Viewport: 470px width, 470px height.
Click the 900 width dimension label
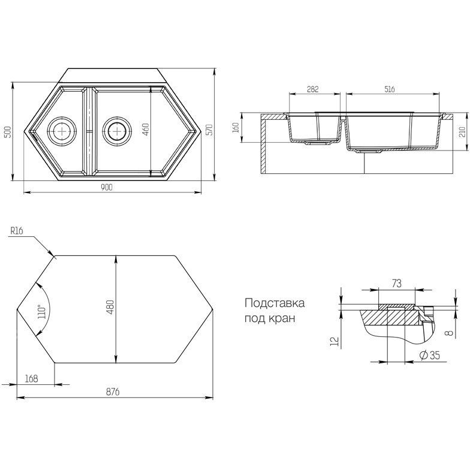pyautogui.click(x=107, y=187)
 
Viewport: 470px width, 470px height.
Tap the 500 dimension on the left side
pyautogui.click(x=8, y=132)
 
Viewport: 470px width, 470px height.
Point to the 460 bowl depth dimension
pyautogui.click(x=146, y=129)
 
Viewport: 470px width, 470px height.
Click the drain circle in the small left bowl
pyautogui.click(x=62, y=131)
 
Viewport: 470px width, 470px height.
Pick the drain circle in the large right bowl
pyautogui.click(x=116, y=131)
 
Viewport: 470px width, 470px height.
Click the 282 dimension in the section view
pyautogui.click(x=313, y=89)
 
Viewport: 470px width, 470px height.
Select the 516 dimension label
pyautogui.click(x=388, y=89)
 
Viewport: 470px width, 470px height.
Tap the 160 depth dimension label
pyautogui.click(x=236, y=127)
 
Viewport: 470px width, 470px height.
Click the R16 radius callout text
pyautogui.click(x=17, y=230)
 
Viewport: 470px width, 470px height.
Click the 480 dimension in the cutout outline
pyautogui.click(x=110, y=307)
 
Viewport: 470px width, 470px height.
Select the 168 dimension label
pyautogui.click(x=31, y=379)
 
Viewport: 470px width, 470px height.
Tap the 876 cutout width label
pyautogui.click(x=113, y=392)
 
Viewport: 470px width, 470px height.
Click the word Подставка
pyautogui.click(x=275, y=303)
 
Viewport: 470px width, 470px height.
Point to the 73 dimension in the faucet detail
pyautogui.click(x=397, y=283)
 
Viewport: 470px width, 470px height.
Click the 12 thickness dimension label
pyautogui.click(x=335, y=342)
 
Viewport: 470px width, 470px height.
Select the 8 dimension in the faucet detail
pyautogui.click(x=448, y=333)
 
